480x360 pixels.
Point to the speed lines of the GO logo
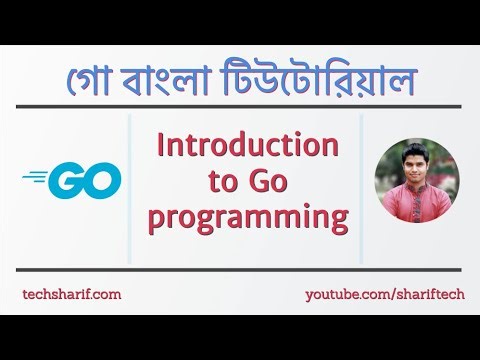[37, 178]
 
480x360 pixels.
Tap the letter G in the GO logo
[65, 182]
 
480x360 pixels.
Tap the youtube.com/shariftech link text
[381, 295]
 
